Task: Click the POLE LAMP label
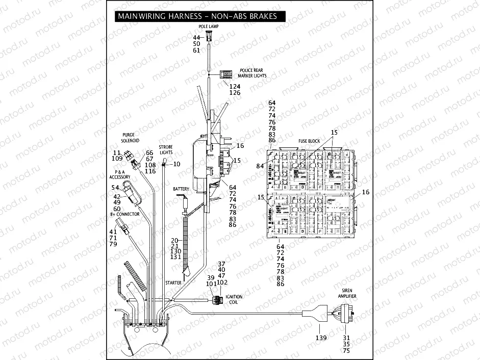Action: pyautogui.click(x=208, y=26)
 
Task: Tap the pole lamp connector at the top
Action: pyautogui.click(x=209, y=36)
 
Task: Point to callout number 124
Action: pyautogui.click(x=235, y=87)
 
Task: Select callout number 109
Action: pyautogui.click(x=118, y=159)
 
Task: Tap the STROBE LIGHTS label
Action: pyautogui.click(x=166, y=149)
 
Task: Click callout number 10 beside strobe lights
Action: pyautogui.click(x=177, y=164)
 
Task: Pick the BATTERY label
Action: pyautogui.click(x=181, y=189)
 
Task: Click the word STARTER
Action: pyautogui.click(x=173, y=282)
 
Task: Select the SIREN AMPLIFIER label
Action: pyautogui.click(x=346, y=293)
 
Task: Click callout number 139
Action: pyautogui.click(x=320, y=338)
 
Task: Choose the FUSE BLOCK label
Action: pyautogui.click(x=309, y=141)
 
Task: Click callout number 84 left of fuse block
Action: pyautogui.click(x=261, y=166)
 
